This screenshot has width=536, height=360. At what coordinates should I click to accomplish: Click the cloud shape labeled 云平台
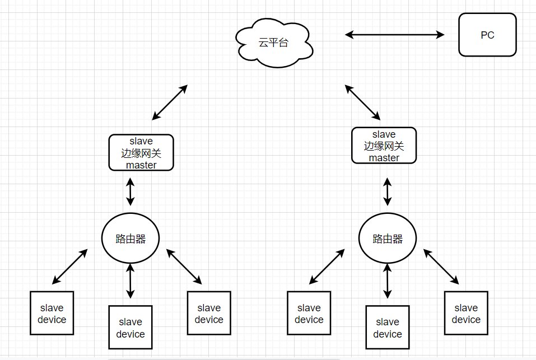point(274,43)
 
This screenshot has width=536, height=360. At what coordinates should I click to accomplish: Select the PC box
point(487,35)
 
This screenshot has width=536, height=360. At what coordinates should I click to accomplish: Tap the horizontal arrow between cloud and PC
point(394,35)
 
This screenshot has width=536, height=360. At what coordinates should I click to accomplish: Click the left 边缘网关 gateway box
point(141,153)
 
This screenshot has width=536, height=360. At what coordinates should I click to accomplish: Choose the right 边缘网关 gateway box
point(384,146)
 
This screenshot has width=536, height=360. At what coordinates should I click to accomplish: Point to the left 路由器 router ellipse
point(130,239)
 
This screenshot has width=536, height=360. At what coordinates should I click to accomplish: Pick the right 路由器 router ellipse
point(388,239)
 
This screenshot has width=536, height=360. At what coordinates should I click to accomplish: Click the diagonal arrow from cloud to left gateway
point(170,102)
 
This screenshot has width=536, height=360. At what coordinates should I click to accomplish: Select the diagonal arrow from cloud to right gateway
point(362,102)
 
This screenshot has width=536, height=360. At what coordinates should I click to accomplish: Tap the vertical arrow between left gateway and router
point(130,191)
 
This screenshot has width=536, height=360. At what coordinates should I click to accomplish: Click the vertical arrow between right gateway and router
point(388,191)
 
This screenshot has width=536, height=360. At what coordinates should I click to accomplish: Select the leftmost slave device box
point(52,313)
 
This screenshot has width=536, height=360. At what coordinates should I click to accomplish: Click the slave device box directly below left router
point(130,327)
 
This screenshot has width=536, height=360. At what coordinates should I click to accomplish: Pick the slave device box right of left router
point(209,313)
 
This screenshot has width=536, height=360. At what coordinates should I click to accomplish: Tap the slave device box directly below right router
point(388,327)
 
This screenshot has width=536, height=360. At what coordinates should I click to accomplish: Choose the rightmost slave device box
point(466,313)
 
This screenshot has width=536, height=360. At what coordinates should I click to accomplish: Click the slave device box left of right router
point(309,313)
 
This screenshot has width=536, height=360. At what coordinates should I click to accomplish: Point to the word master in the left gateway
point(141,165)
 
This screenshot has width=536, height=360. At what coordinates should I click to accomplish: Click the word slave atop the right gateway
point(384,134)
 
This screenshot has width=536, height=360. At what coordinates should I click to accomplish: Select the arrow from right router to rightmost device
point(441,267)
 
